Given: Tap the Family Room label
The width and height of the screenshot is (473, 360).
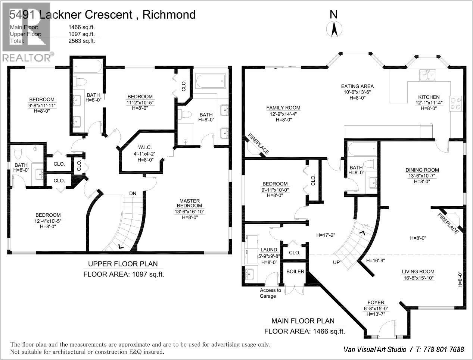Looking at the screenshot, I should (x=283, y=108).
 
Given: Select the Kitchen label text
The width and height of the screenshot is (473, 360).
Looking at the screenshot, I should (x=429, y=97).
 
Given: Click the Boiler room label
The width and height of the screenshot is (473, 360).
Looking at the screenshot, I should (x=295, y=272).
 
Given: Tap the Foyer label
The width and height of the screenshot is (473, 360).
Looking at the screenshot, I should (x=376, y=303).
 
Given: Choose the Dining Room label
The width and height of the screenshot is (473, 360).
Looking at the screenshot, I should (x=422, y=170).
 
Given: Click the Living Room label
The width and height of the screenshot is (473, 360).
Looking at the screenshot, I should (x=418, y=272).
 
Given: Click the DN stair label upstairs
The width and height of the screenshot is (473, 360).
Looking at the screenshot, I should (x=133, y=193).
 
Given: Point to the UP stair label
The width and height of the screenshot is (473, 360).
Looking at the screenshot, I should (x=336, y=262).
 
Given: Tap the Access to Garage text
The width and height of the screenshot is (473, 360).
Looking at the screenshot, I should (x=270, y=293).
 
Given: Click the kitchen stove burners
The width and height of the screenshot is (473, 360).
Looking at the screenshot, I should (x=456, y=103).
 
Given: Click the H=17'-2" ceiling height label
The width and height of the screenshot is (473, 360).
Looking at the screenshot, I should (x=326, y=235).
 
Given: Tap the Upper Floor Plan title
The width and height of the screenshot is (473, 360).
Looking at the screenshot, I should (x=123, y=264).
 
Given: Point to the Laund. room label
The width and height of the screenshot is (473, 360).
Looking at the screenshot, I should (x=269, y=250).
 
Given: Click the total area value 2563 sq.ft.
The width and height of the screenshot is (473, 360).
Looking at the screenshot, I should (x=81, y=41).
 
